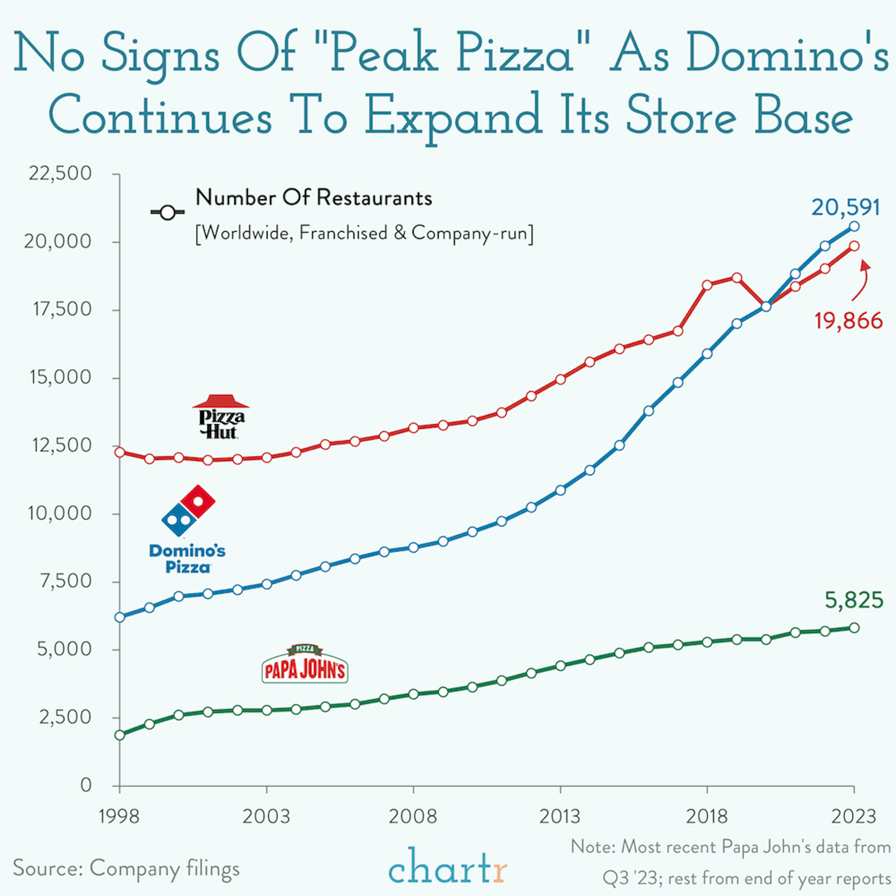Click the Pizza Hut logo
[221, 416]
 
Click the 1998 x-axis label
[119, 816]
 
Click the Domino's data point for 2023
[854, 226]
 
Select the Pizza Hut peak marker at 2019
[736, 278]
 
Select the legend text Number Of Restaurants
[314, 198]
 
